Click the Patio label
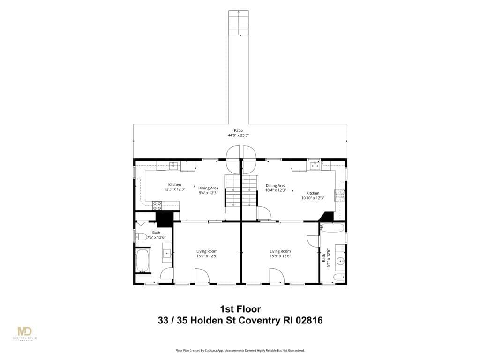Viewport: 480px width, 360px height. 238,131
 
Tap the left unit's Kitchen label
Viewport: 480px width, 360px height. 174,185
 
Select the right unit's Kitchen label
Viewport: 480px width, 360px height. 313,193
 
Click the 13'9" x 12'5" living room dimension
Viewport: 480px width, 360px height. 207,256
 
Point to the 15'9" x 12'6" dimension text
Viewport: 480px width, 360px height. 280,256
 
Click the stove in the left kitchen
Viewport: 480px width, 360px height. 157,205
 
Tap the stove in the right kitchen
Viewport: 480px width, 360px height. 339,196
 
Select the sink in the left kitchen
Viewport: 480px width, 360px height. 174,166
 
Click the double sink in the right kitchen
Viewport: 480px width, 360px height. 314,166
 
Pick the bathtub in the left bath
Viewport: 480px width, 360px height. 142,261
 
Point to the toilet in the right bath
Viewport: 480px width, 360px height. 339,277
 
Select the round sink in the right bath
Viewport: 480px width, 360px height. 340,262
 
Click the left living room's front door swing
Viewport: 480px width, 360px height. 202,276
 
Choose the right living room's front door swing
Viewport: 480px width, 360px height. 277,276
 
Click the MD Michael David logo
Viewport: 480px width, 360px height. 25,334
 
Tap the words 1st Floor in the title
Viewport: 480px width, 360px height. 240,309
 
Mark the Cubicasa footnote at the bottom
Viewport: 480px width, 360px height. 240,350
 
